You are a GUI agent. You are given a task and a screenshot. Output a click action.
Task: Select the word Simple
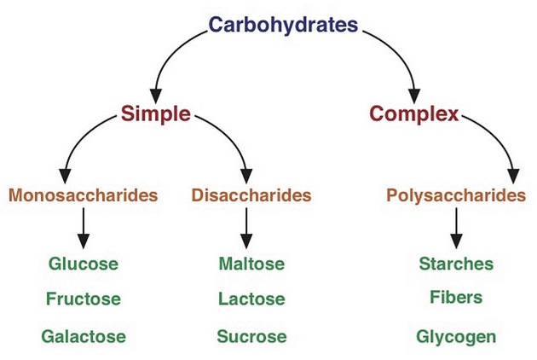tap(155, 113)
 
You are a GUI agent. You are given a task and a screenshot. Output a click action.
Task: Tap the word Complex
tap(414, 113)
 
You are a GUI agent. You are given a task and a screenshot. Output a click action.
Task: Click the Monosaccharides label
tap(84, 195)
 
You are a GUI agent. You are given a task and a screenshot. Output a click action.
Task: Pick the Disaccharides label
tap(251, 195)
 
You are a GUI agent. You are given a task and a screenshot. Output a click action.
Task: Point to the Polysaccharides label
tap(456, 195)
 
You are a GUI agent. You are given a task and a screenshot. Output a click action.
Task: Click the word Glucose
tap(84, 264)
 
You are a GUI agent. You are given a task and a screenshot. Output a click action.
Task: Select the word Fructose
tap(84, 299)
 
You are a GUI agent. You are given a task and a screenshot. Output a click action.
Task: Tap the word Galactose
tap(84, 336)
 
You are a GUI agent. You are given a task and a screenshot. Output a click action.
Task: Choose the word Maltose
tap(251, 264)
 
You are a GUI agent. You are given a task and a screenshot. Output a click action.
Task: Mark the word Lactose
tap(251, 299)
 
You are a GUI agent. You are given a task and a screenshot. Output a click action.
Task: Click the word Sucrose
tap(251, 336)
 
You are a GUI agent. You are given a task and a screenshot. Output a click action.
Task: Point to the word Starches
tap(456, 264)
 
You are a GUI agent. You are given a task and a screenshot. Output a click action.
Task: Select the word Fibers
tap(456, 298)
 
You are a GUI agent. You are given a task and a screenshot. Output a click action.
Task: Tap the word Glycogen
tap(456, 336)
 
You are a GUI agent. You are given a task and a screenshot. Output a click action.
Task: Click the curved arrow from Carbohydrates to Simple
tap(166, 51)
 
